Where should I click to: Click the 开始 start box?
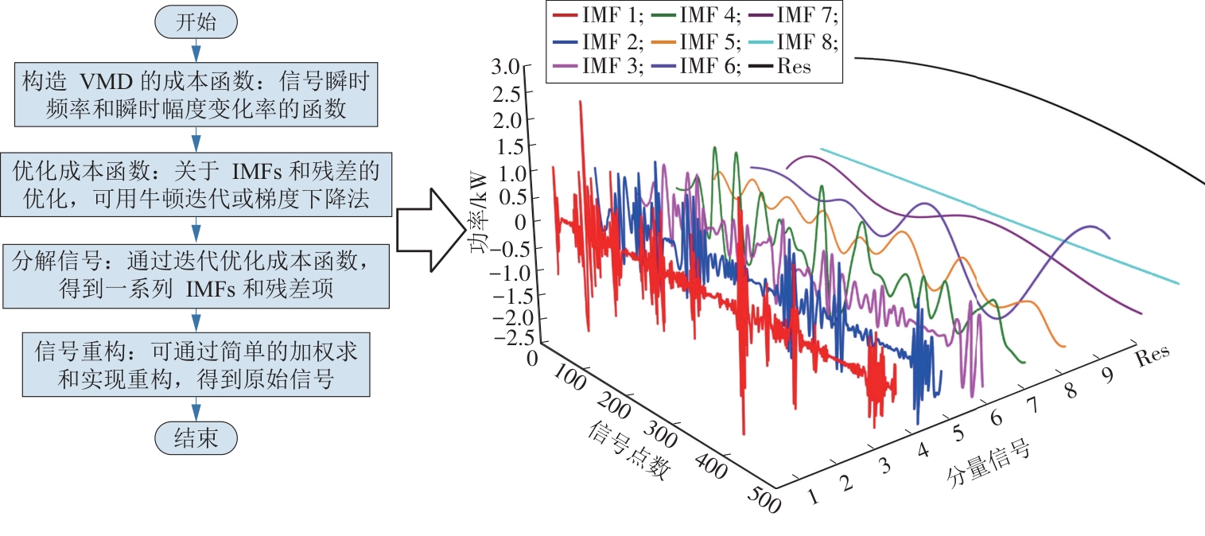[x=196, y=22]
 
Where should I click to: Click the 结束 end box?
[x=196, y=438]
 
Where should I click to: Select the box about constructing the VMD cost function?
[x=196, y=96]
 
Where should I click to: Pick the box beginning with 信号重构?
[x=196, y=365]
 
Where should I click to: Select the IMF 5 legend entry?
[x=699, y=40]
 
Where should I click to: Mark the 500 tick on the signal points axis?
[x=763, y=501]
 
